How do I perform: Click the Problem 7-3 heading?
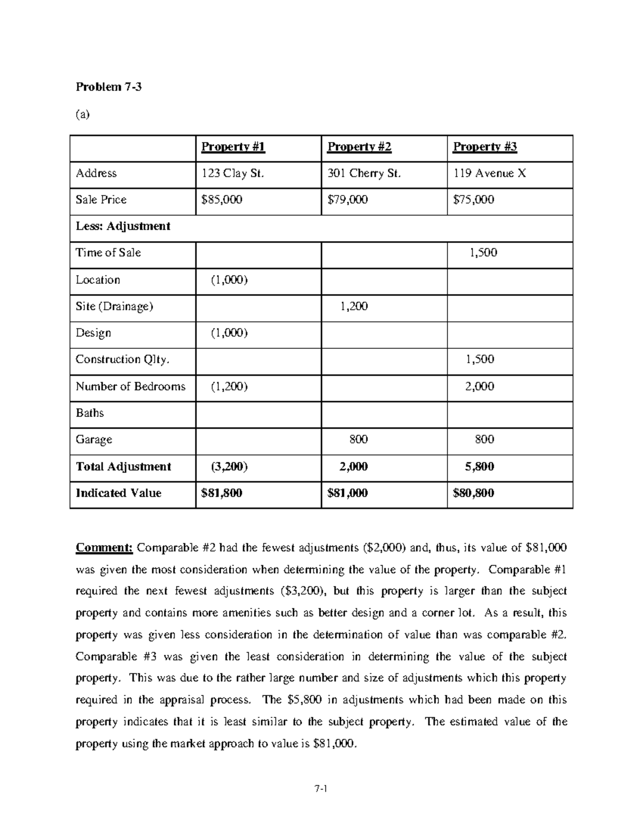[109, 87]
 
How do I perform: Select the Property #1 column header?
[233, 147]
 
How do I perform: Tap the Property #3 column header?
[485, 147]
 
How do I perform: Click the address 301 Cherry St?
[364, 173]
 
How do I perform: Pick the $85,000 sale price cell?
[221, 200]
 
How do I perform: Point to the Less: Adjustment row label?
[123, 226]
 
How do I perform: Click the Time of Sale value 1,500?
[483, 253]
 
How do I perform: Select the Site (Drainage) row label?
[114, 306]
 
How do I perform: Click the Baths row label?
[89, 413]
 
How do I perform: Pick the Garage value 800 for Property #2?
[358, 440]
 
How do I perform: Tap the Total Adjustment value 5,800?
[479, 467]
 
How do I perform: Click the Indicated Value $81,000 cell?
[347, 493]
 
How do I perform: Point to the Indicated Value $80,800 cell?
[473, 493]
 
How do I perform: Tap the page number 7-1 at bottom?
[321, 789]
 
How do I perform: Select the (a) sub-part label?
[83, 114]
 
